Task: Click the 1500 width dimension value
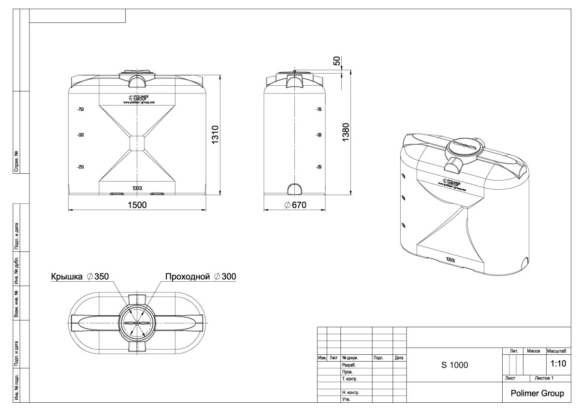[x=137, y=205]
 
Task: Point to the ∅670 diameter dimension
[x=295, y=205]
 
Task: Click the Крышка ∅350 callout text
[x=80, y=276]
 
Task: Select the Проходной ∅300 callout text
[x=201, y=276]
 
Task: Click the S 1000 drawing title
[x=454, y=365]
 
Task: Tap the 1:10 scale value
[x=558, y=363]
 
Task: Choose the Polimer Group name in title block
[x=537, y=393]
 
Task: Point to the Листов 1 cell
[x=544, y=378]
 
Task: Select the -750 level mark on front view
[x=80, y=109]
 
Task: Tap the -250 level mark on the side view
[x=319, y=167]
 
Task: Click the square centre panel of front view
[x=138, y=143]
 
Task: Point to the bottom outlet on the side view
[x=294, y=188]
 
